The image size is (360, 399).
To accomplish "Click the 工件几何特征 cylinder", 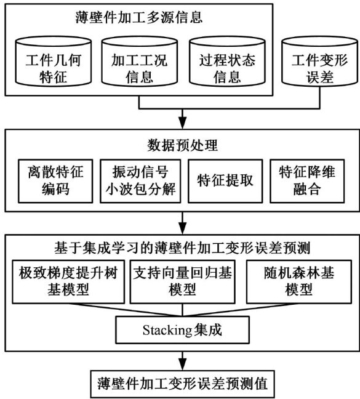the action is (x=54, y=61).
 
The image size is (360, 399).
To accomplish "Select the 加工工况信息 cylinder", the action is (x=140, y=61).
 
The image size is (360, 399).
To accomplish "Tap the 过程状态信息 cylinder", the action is (x=227, y=61).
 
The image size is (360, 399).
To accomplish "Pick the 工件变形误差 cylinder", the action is (x=320, y=61).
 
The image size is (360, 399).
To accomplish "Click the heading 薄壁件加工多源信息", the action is (x=139, y=18).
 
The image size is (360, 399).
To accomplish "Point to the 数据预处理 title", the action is (x=183, y=145).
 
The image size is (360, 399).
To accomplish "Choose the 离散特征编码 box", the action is (x=55, y=181).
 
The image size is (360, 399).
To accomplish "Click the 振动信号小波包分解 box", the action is (x=140, y=181).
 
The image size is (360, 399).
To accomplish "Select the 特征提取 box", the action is (x=225, y=181).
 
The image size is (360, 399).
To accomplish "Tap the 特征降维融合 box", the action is (x=307, y=181).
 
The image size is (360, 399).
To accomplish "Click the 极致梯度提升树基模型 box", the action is (x=68, y=281).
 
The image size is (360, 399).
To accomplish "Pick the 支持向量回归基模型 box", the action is (x=183, y=281).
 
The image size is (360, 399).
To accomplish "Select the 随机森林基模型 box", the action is (x=299, y=281).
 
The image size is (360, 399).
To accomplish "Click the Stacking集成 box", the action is (x=183, y=330).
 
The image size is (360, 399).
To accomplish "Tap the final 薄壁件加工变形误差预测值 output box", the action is (x=183, y=384).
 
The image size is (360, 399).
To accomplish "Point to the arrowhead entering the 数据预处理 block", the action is (x=183, y=123).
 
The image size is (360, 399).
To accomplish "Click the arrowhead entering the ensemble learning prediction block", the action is (x=183, y=228).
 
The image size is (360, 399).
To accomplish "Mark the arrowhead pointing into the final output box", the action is (x=183, y=365).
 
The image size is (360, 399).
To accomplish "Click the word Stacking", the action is (x=167, y=330).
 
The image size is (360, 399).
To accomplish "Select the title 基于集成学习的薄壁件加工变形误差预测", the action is (x=182, y=248).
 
